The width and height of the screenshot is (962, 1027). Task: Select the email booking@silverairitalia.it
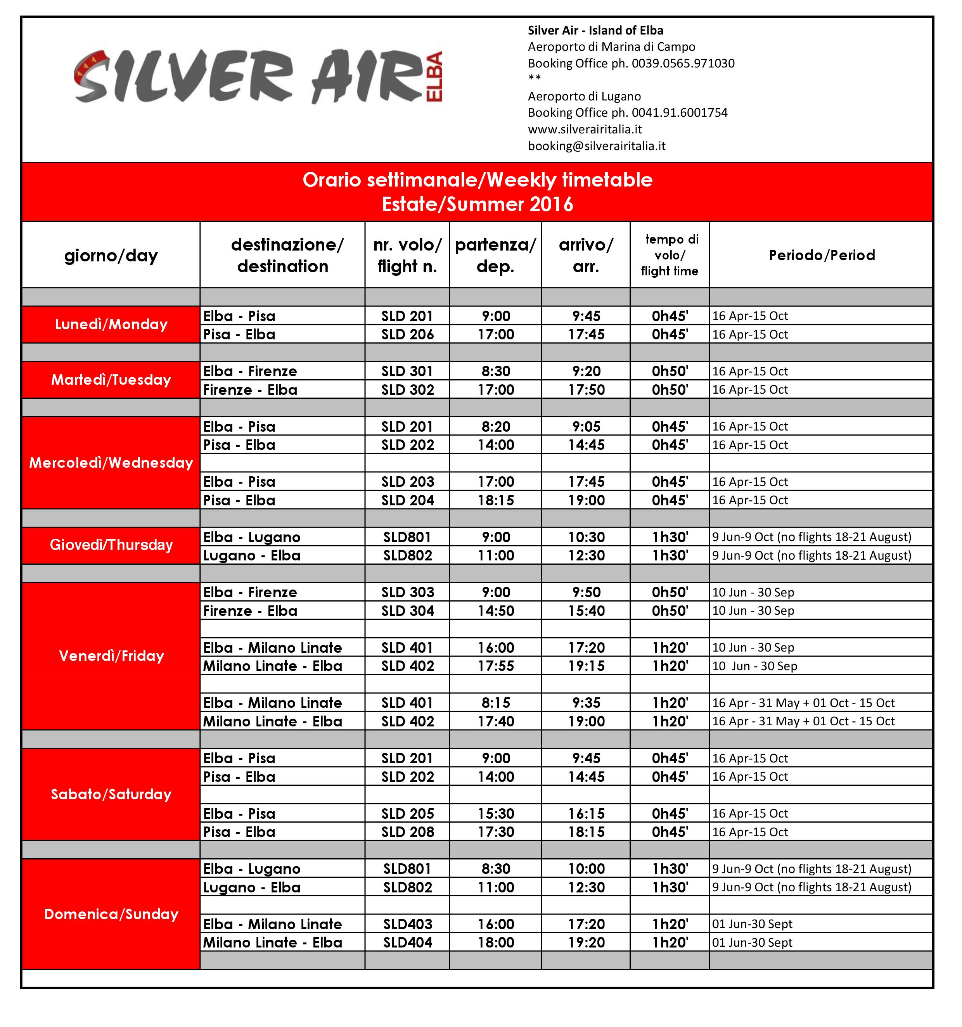point(596,146)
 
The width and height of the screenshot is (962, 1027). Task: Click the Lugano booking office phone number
point(627,112)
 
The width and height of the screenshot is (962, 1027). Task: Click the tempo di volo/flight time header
point(670,255)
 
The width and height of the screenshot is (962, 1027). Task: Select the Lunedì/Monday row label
point(111,324)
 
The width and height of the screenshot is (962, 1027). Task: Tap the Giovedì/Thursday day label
point(111,545)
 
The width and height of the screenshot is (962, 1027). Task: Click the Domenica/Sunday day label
point(111,915)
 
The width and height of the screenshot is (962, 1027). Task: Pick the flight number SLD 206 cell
point(407,334)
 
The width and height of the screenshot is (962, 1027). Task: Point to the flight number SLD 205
point(407,814)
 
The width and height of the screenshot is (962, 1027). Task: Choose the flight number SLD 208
point(407,832)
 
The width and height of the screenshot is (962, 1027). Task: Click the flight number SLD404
point(407,942)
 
